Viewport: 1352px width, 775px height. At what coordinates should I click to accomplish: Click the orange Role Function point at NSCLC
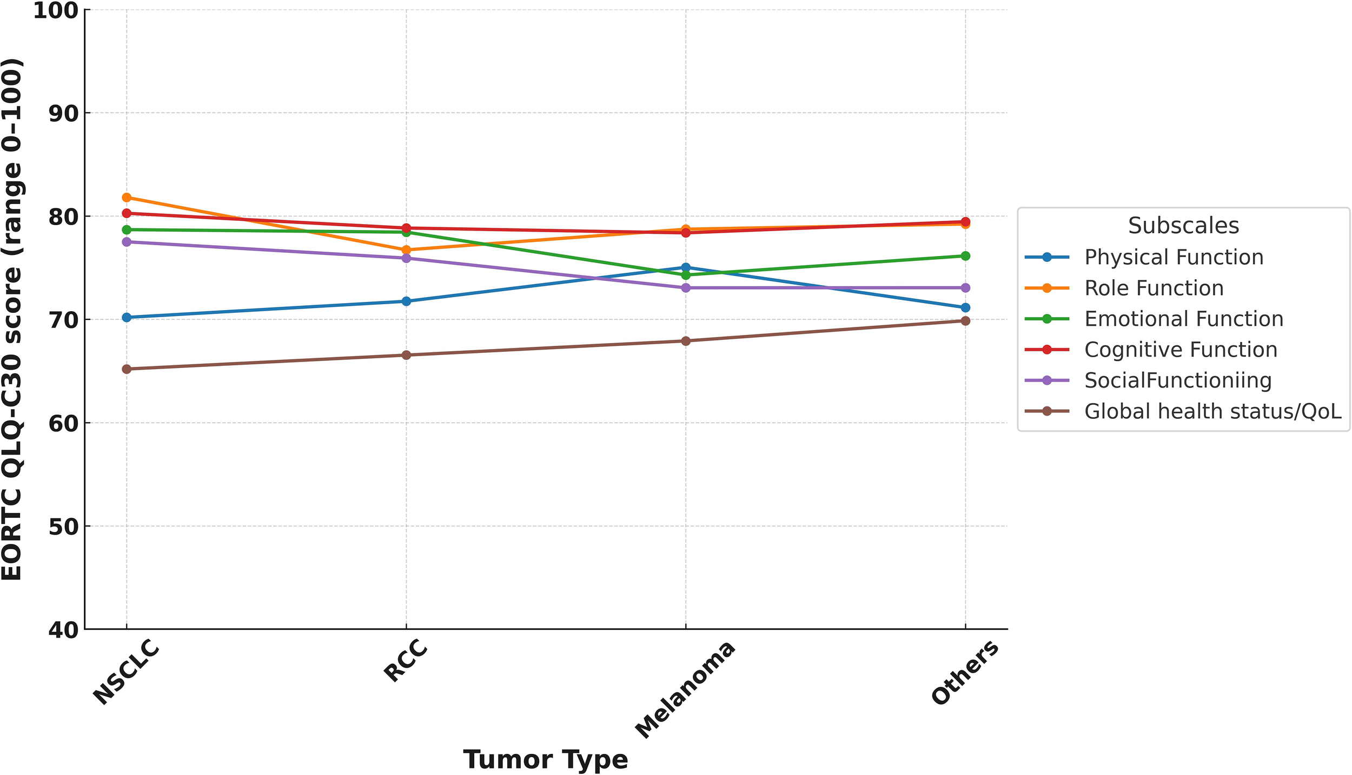[x=127, y=198]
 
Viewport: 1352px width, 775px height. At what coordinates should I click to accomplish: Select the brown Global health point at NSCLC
[x=127, y=369]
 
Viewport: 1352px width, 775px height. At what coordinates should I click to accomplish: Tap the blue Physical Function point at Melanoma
[x=686, y=267]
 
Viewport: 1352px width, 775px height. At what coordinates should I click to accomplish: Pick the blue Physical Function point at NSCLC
[x=127, y=317]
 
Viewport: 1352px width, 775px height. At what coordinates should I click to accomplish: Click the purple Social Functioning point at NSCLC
[x=127, y=242]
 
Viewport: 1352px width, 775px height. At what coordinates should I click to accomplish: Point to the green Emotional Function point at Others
[x=965, y=256]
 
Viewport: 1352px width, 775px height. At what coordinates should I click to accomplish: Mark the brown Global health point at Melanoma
[x=686, y=341]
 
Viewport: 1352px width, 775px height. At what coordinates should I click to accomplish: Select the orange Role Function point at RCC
[x=406, y=250]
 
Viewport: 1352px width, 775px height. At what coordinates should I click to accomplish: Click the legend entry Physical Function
[x=1174, y=257]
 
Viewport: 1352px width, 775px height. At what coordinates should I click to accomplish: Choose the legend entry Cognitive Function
[x=1181, y=350]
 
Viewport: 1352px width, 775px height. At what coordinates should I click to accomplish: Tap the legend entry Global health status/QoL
[x=1212, y=411]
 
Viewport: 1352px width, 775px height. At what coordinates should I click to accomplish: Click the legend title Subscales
[x=1183, y=226]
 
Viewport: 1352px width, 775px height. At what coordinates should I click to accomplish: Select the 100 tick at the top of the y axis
[x=55, y=10]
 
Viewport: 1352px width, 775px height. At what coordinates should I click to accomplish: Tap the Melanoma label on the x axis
[x=685, y=690]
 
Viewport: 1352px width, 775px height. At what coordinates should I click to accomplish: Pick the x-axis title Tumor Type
[x=545, y=759]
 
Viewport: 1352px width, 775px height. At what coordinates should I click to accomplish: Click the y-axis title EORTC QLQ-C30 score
[x=12, y=319]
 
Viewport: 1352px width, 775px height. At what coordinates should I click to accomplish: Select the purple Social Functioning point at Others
[x=965, y=288]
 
